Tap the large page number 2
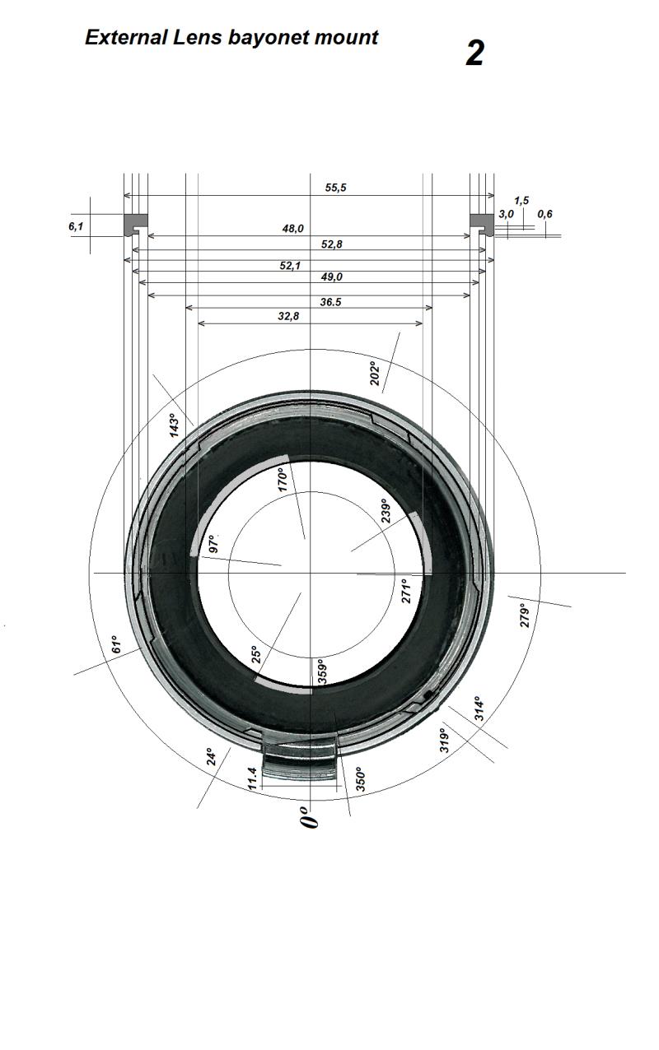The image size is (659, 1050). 474,53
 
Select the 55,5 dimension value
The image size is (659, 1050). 335,188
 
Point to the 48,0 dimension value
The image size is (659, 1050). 293,228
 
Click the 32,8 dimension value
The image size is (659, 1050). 288,316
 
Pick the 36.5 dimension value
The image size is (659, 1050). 330,302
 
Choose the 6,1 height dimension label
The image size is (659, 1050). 76,226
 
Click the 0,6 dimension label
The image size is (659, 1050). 545,214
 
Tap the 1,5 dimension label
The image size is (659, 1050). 521,201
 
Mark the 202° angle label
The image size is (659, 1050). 375,373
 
